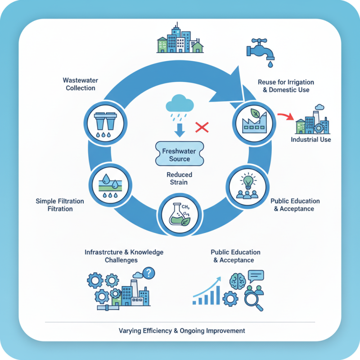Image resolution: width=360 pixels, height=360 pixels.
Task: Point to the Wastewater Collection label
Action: point(81,84)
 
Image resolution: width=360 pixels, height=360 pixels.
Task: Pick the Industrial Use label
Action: point(310,139)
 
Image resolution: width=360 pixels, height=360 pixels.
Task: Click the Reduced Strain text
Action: point(180,178)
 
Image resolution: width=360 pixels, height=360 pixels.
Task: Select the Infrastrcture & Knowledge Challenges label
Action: point(124,256)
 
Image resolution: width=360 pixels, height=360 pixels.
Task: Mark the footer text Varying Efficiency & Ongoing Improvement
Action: point(182,331)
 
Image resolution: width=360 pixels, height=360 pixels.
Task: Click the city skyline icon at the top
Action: point(178,40)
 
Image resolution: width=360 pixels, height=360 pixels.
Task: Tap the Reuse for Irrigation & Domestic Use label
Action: point(286,86)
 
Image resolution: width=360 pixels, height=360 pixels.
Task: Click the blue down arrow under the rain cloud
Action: point(180,130)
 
